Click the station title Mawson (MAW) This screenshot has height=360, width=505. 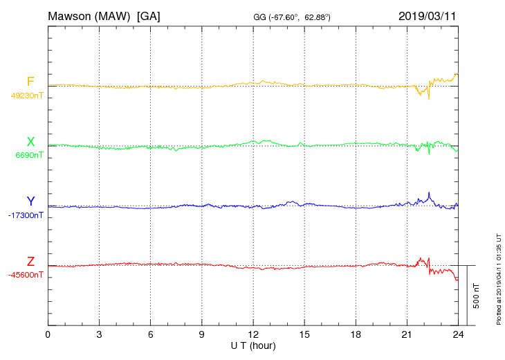pyautogui.click(x=89, y=15)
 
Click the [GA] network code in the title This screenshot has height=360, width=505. pyautogui.click(x=149, y=15)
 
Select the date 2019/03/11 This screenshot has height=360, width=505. pyautogui.click(x=428, y=15)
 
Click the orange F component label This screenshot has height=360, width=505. pyautogui.click(x=30, y=82)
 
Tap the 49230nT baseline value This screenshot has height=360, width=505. pyautogui.click(x=27, y=96)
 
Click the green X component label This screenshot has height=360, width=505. pyautogui.click(x=30, y=142)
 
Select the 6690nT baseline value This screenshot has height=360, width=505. pyautogui.click(x=29, y=155)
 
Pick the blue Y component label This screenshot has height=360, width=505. pyautogui.click(x=30, y=201)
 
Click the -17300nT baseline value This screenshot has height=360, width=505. pyautogui.click(x=27, y=215)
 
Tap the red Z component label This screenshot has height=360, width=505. pyautogui.click(x=30, y=262)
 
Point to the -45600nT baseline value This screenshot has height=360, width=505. pyautogui.click(x=27, y=275)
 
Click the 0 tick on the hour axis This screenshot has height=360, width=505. pyautogui.click(x=48, y=334)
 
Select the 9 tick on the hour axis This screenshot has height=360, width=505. pyautogui.click(x=202, y=334)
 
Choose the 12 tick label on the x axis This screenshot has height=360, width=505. pyautogui.click(x=253, y=334)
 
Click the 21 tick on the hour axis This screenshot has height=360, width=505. pyautogui.click(x=407, y=334)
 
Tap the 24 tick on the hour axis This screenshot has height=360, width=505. pyautogui.click(x=458, y=334)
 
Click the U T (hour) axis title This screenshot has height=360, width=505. pyautogui.click(x=253, y=345)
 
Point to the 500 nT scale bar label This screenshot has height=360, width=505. pyautogui.click(x=476, y=296)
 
